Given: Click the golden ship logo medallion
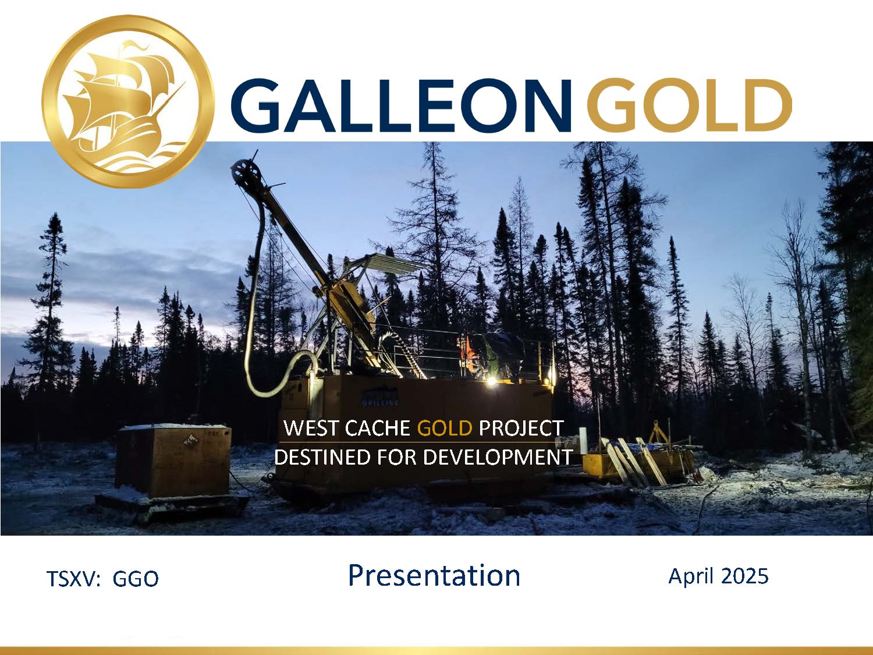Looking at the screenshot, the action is pyautogui.click(x=127, y=101).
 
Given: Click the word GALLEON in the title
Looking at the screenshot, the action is pyautogui.click(x=401, y=105).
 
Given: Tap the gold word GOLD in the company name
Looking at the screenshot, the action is pyautogui.click(x=689, y=105).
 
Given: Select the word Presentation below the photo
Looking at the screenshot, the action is pyautogui.click(x=434, y=575).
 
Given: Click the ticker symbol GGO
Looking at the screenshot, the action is pyautogui.click(x=136, y=579).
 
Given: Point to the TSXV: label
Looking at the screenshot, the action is pyautogui.click(x=73, y=579).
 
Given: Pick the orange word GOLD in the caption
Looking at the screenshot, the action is pyautogui.click(x=445, y=429).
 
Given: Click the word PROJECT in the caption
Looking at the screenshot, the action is pyautogui.click(x=521, y=429).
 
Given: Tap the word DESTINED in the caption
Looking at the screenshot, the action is pyautogui.click(x=322, y=458).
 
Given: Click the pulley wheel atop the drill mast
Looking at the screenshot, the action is pyautogui.click(x=246, y=174).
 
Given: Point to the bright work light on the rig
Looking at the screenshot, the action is pyautogui.click(x=492, y=381).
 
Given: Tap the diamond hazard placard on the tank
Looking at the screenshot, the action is pyautogui.click(x=190, y=439).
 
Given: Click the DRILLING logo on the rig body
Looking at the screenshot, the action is pyautogui.click(x=380, y=398).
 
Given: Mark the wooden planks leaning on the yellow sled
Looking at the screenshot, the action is pyautogui.click(x=633, y=461).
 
